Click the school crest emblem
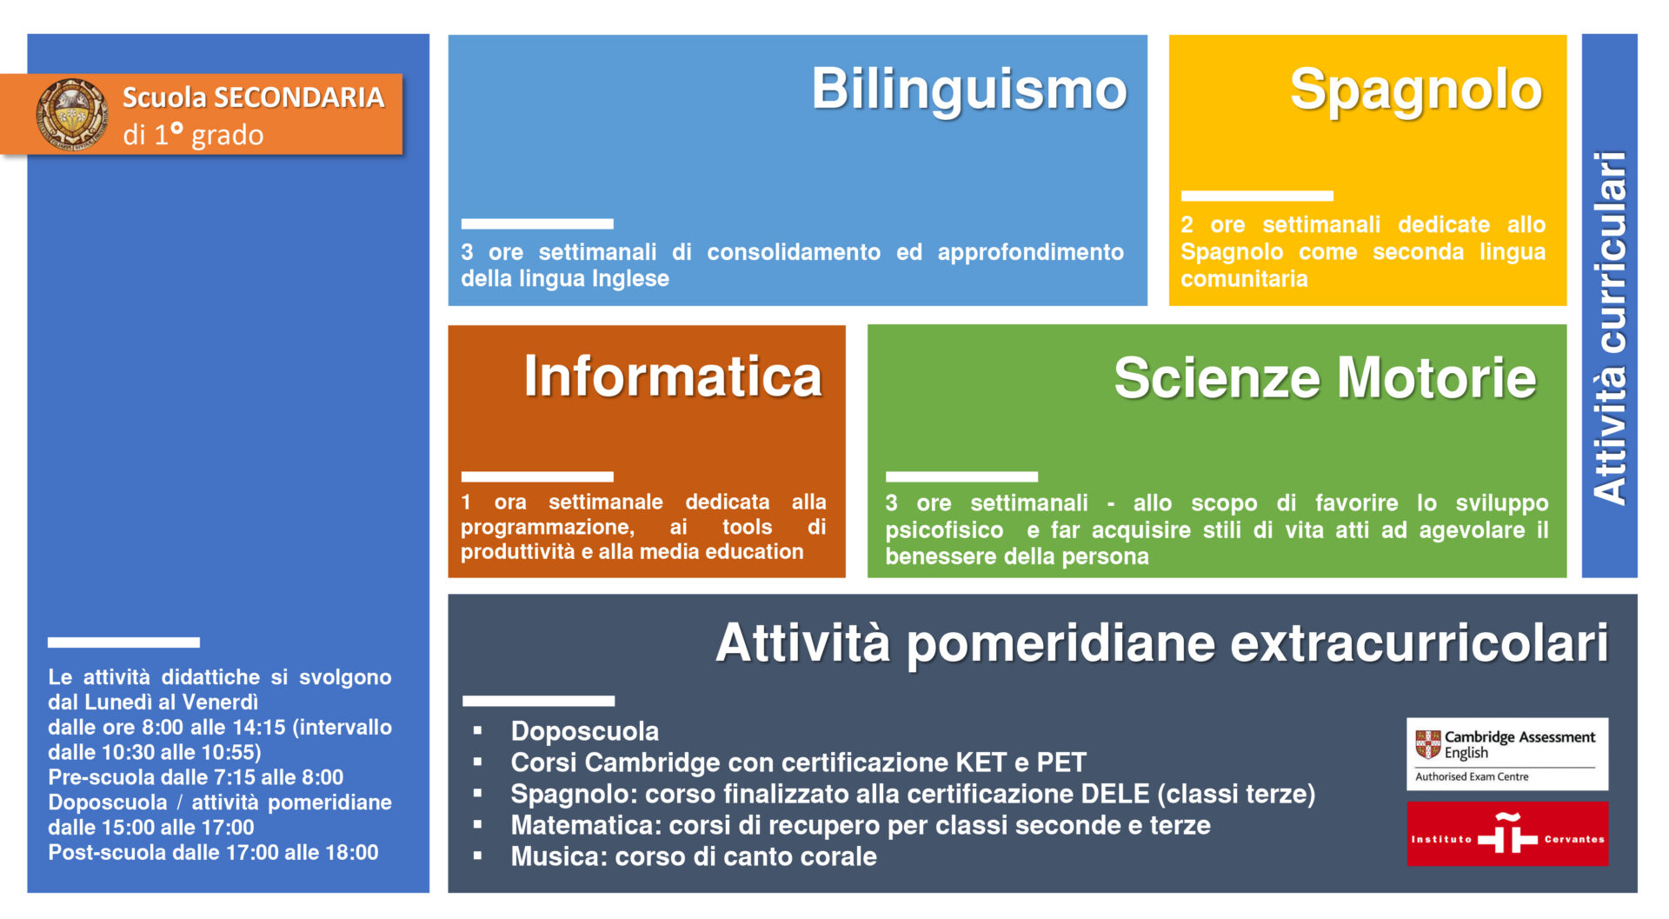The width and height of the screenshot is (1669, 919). tap(73, 114)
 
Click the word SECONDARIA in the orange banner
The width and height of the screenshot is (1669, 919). tap(299, 97)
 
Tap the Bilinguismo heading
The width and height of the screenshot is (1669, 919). tap(969, 90)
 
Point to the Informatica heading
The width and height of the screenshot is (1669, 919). tap(673, 377)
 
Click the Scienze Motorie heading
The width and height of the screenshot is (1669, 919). tap(1325, 378)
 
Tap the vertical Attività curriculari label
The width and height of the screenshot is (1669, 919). tap(1610, 328)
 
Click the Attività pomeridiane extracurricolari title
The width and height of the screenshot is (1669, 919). tap(1162, 644)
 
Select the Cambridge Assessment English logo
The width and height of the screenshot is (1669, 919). tap(1507, 754)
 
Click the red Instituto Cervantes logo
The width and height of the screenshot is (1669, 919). tap(1507, 834)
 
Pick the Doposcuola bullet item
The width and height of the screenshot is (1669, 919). tap(585, 731)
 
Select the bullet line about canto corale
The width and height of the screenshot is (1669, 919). tap(694, 856)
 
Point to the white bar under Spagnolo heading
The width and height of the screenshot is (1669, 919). tap(1257, 196)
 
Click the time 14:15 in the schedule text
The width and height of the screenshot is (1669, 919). tap(259, 728)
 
